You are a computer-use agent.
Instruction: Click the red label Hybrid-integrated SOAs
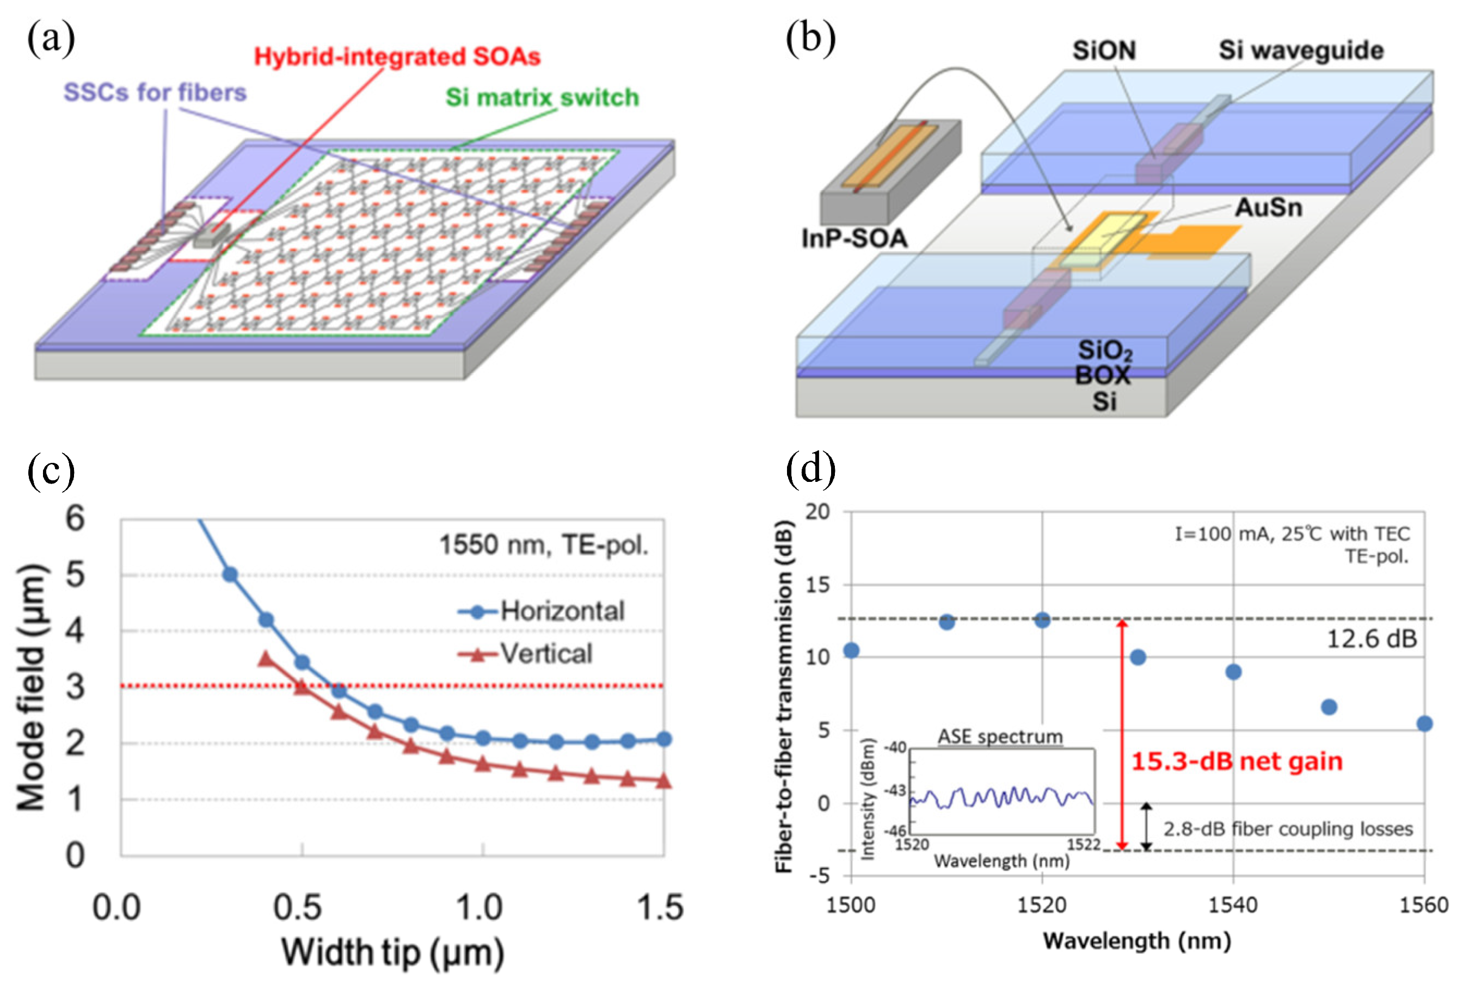(x=397, y=57)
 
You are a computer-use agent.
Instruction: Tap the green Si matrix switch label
(x=542, y=97)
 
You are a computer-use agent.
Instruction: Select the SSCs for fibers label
(x=155, y=92)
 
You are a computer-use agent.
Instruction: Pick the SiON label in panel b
(x=1104, y=51)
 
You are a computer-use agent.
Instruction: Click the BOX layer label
(x=1103, y=376)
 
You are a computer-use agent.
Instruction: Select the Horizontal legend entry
(x=562, y=611)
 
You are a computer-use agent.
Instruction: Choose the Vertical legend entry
(x=546, y=654)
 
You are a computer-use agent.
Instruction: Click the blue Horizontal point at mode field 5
(x=230, y=574)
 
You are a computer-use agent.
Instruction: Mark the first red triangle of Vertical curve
(x=266, y=659)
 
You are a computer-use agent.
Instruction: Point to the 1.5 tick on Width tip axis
(x=660, y=907)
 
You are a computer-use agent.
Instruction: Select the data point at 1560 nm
(x=1424, y=723)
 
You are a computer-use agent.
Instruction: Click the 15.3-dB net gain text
(x=1237, y=761)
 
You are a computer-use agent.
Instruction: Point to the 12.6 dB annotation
(x=1371, y=639)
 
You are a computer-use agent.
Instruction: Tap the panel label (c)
(x=51, y=470)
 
